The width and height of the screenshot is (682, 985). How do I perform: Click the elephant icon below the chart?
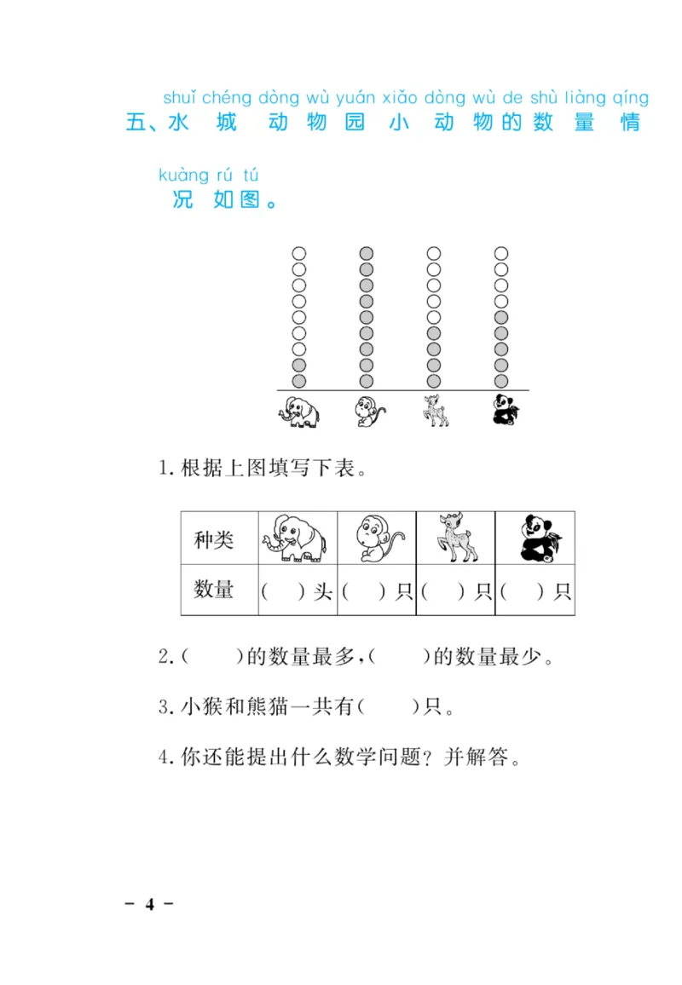pos(298,412)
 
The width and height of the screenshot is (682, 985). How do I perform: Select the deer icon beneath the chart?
pos(435,412)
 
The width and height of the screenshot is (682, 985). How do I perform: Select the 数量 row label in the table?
pos(214,590)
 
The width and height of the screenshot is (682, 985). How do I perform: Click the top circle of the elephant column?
pos(298,253)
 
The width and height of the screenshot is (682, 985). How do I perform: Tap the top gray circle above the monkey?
pos(367,253)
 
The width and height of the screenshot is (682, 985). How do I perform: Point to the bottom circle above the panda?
pos(501,381)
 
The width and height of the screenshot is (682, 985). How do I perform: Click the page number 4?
pos(150,904)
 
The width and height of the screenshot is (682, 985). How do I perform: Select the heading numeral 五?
pos(136,123)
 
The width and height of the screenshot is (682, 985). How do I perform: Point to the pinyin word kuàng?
pos(183,176)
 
